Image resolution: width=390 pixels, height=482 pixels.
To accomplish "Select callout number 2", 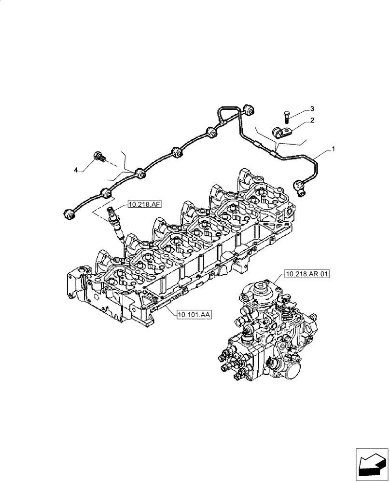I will pyautogui.click(x=312, y=120).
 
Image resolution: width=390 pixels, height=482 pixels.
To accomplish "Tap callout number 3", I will pyautogui.click(x=312, y=108).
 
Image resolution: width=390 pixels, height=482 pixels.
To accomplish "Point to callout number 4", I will pyautogui.click(x=76, y=170).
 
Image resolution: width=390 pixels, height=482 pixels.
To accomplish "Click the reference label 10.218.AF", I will pyautogui.click(x=145, y=205).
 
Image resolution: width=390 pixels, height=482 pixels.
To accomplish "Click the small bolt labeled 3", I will pyautogui.click(x=286, y=116).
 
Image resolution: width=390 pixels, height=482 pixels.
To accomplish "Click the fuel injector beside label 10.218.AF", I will pyautogui.click(x=116, y=222).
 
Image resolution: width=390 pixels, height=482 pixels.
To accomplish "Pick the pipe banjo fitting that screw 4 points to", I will pyautogui.click(x=139, y=173).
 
